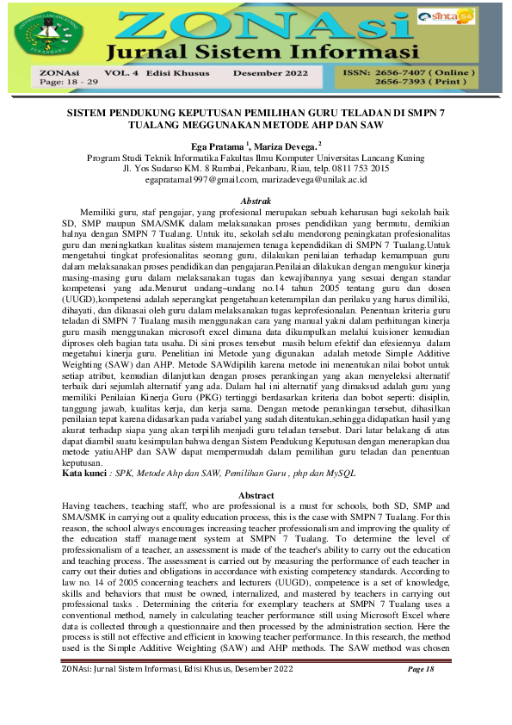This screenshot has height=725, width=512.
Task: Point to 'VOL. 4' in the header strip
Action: (121, 75)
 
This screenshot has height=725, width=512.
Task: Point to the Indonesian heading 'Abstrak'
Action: (256, 201)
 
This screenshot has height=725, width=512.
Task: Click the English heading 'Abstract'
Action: (256, 496)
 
